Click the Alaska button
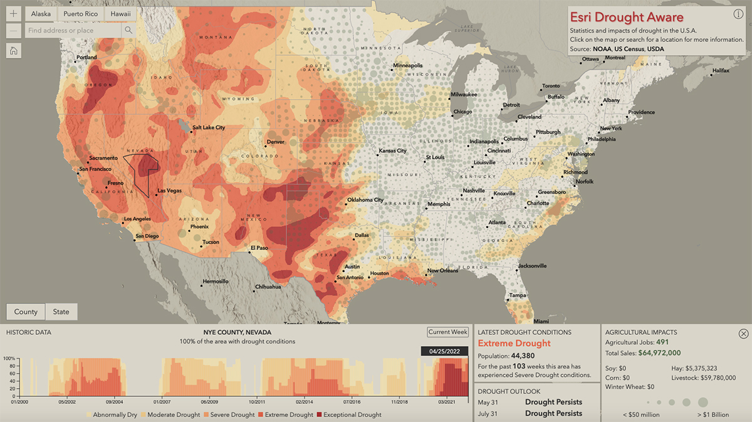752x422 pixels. coord(41,13)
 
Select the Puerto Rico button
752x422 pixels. coord(80,13)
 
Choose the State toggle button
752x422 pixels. coord(61,312)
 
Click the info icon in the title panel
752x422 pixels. coord(738,14)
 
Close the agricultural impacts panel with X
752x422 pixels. coord(743,334)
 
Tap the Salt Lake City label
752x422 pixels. coord(208,127)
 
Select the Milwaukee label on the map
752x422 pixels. coord(464,95)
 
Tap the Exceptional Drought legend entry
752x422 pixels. coord(353,414)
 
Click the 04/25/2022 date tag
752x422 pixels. coord(444,351)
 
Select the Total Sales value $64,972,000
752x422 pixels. coord(664,353)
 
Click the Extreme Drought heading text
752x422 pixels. coord(514,343)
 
